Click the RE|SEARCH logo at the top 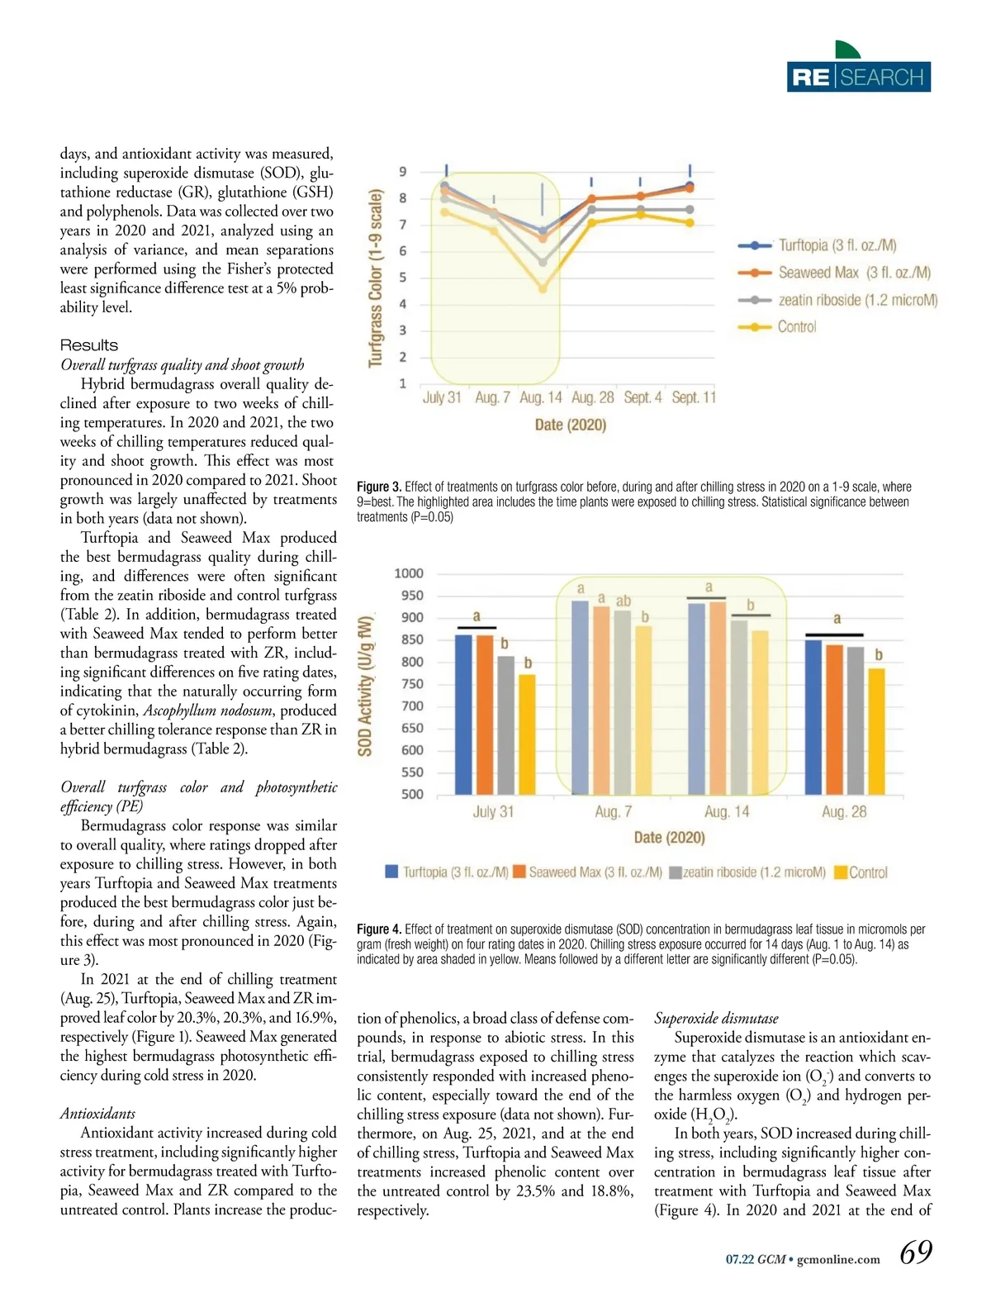(858, 76)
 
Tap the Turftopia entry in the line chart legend (836, 245)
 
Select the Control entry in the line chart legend (796, 327)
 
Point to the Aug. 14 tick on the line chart (541, 397)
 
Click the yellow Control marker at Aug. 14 (543, 289)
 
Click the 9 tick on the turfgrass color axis (403, 172)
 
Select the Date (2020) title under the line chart (571, 425)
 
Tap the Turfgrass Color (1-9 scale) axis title (377, 278)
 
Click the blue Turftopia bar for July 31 (464, 714)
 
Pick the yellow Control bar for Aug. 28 (876, 730)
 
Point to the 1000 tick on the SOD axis (409, 573)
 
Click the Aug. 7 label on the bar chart (613, 812)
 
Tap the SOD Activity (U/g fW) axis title (365, 684)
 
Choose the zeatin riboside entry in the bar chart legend (747, 872)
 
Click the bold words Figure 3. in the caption (378, 487)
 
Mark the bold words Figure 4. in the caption (378, 929)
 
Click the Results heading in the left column (89, 345)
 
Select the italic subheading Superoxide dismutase (716, 1019)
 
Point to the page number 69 (915, 1252)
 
